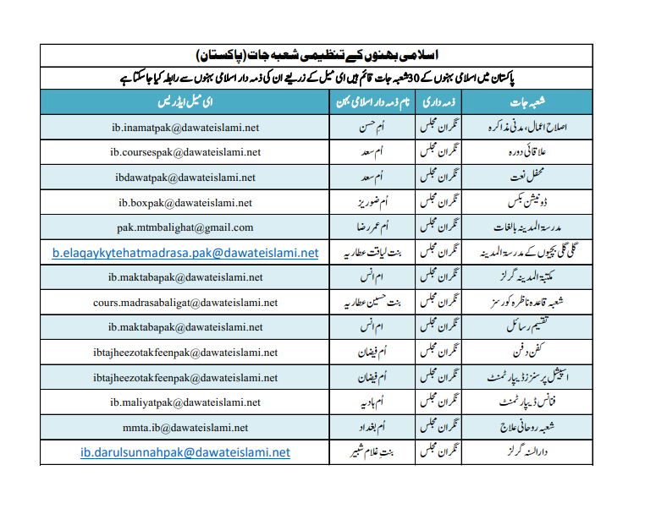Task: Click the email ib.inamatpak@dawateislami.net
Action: [x=185, y=128]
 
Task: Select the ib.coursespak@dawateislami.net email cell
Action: [x=185, y=153]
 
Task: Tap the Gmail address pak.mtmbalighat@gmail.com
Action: [x=185, y=227]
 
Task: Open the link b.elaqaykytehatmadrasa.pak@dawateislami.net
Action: [x=185, y=253]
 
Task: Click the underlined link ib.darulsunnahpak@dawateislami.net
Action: [x=185, y=453]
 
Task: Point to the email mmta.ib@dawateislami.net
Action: [x=185, y=428]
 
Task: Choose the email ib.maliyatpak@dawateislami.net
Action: [x=185, y=402]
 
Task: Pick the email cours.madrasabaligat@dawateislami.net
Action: [x=185, y=303]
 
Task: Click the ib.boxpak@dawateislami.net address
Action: [x=185, y=203]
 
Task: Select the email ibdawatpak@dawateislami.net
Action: [x=185, y=178]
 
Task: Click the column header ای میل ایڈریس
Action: [x=185, y=102]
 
